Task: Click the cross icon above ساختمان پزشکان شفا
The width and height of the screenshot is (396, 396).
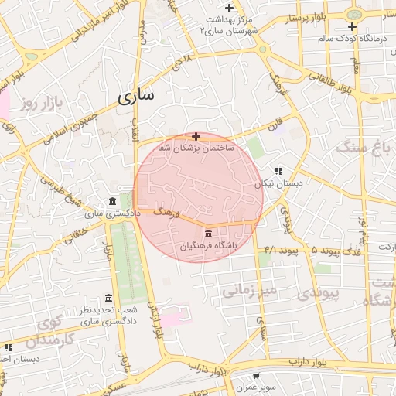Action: click(x=196, y=136)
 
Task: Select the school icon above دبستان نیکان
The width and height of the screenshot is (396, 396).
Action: click(x=278, y=172)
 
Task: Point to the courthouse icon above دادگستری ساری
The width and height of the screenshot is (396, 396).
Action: click(x=113, y=201)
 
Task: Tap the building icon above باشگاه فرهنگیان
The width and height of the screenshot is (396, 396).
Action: click(x=208, y=234)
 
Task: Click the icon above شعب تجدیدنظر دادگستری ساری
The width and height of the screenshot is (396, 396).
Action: click(x=108, y=299)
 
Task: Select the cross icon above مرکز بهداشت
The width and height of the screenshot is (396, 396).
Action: click(x=229, y=8)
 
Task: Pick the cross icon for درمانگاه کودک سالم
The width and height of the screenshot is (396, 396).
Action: click(x=352, y=26)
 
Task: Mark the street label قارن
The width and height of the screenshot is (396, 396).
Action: click(x=276, y=124)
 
